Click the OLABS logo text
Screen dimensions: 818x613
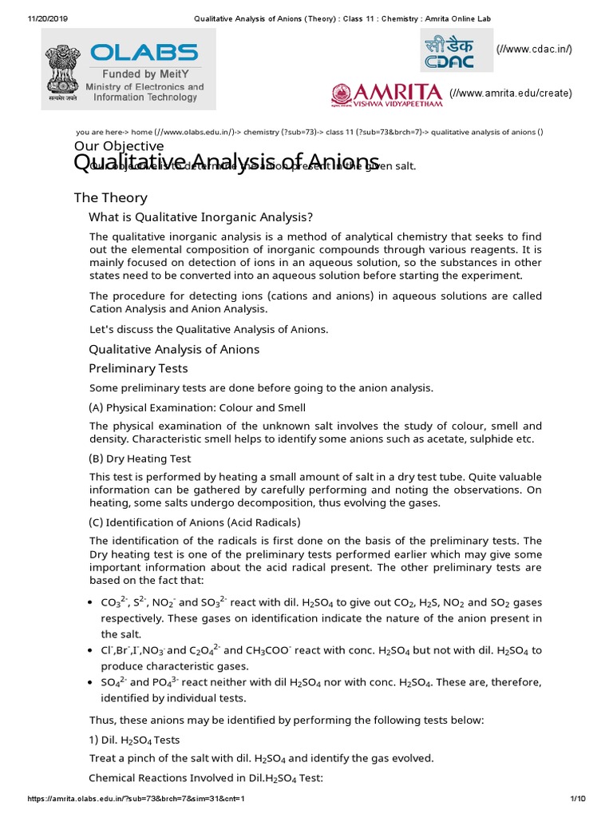click(144, 54)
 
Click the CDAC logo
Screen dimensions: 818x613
click(448, 50)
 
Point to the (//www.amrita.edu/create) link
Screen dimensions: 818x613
click(510, 93)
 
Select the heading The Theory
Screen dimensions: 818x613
click(110, 197)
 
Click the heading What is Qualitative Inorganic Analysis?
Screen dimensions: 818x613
click(200, 217)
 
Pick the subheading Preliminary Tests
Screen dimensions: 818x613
click(138, 368)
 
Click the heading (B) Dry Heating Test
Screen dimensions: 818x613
click(140, 459)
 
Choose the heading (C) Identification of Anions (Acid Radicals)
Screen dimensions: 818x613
click(194, 522)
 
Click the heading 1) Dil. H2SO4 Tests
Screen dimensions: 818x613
click(134, 740)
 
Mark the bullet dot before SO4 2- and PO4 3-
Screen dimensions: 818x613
click(93, 684)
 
